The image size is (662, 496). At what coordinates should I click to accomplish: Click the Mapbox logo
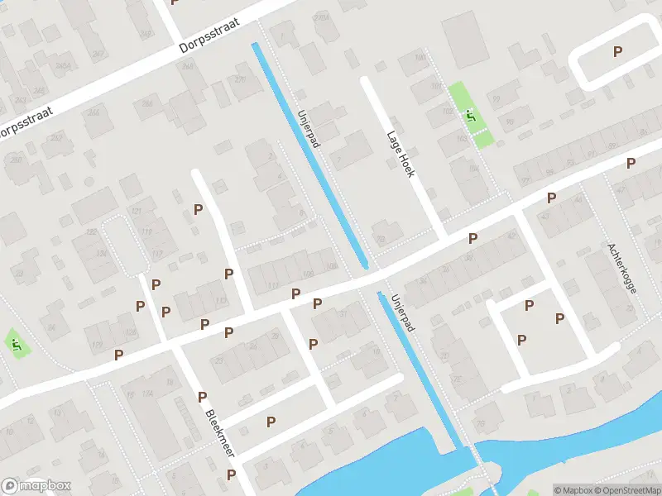coord(36,486)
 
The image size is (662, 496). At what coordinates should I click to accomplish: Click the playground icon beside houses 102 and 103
coord(471,117)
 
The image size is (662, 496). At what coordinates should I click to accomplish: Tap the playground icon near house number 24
coord(16,342)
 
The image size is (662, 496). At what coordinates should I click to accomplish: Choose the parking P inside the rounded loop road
coord(617,51)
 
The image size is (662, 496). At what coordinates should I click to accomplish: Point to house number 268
coord(147,103)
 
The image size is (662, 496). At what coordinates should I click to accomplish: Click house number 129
coord(98,344)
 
